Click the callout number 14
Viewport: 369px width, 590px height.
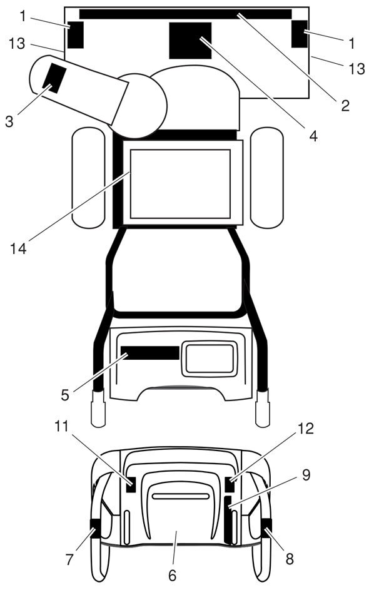[x=18, y=248]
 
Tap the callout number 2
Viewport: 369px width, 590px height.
[x=345, y=106]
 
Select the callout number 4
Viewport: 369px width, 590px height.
[x=313, y=136]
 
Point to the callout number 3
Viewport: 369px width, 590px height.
[x=9, y=121]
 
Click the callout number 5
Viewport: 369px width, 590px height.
[x=65, y=395]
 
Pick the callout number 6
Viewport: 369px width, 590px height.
[x=172, y=575]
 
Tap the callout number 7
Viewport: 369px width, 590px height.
[x=69, y=559]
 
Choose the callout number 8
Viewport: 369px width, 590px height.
[x=289, y=559]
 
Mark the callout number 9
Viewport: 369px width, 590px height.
[x=306, y=476]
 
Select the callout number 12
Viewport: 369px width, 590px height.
[x=305, y=429]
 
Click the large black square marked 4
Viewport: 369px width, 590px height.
[x=190, y=41]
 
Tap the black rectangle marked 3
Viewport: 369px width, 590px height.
[x=54, y=78]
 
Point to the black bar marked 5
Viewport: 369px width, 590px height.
[x=150, y=353]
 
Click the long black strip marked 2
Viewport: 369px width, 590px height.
[x=186, y=14]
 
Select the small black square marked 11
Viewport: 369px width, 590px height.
[x=131, y=484]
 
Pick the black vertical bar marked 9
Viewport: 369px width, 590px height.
[x=228, y=520]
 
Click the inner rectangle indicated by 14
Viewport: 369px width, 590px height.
[x=180, y=184]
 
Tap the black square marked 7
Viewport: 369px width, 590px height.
[x=94, y=528]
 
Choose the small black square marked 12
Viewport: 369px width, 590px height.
[x=230, y=484]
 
